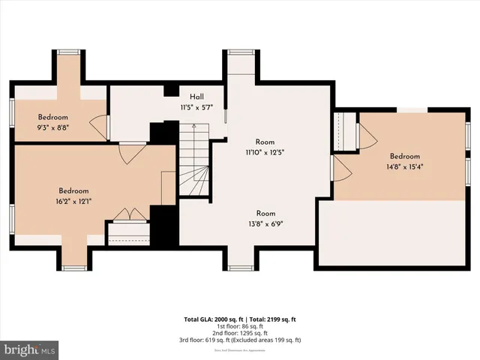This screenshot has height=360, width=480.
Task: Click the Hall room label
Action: tap(196, 97)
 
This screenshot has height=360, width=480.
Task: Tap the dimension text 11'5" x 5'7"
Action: tap(196, 107)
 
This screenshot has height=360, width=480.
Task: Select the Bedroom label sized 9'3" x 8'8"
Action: tap(53, 118)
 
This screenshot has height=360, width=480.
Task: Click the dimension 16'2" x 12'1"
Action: tap(74, 201)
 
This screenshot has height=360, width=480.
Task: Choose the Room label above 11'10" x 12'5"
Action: tap(265, 142)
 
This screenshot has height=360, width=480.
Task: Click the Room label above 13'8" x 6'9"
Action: tap(265, 213)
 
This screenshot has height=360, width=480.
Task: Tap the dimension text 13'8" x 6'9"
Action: tap(265, 223)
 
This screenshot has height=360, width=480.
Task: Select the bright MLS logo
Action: tap(30, 349)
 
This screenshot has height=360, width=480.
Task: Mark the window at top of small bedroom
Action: tap(69, 52)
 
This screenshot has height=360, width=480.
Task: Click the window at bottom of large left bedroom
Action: tap(75, 267)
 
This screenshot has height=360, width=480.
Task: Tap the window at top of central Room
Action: tap(240, 52)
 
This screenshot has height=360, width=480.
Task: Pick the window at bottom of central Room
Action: tap(240, 267)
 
